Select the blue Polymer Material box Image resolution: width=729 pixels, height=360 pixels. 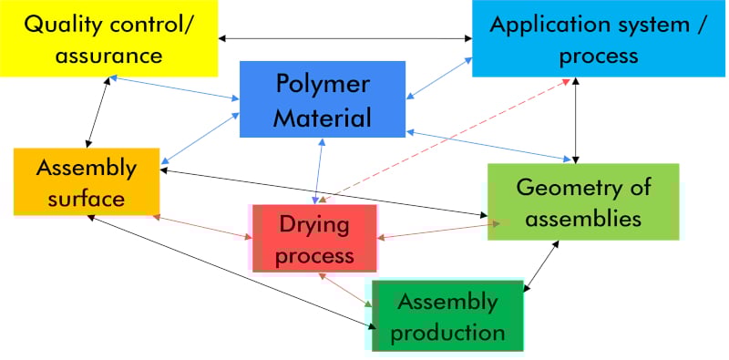point(323,99)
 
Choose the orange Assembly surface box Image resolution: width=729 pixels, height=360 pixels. point(87,181)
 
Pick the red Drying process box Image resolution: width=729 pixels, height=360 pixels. point(315,239)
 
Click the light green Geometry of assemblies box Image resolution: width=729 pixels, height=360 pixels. point(583,201)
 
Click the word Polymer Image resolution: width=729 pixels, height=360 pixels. point(323,84)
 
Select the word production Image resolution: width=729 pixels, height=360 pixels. point(447,332)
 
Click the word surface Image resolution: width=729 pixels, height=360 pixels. point(87,198)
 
